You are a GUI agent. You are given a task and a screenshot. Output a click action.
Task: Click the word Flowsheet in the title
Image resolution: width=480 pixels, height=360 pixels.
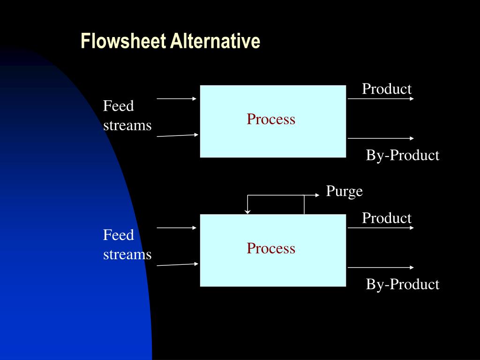tap(123, 41)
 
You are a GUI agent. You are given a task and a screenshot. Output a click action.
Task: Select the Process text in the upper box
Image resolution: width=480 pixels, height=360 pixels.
tap(271, 119)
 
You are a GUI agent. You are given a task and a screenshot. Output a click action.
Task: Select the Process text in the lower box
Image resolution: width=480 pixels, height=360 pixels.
tap(271, 248)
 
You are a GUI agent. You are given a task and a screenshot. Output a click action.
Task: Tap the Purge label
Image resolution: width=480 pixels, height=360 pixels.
tap(345, 191)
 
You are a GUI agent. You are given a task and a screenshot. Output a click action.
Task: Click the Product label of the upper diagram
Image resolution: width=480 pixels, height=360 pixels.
tap(386, 89)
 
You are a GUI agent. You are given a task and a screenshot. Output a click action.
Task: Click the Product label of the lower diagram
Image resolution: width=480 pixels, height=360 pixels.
tap(386, 218)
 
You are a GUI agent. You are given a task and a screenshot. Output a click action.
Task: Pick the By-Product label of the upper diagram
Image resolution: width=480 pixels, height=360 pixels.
tap(402, 155)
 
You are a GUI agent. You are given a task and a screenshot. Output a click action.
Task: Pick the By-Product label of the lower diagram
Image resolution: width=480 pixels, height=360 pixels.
tap(402, 284)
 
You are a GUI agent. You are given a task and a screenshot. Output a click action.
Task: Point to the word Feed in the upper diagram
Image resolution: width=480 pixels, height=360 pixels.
tap(118, 106)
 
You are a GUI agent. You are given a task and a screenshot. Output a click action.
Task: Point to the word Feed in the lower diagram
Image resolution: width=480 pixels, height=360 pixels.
tap(118, 235)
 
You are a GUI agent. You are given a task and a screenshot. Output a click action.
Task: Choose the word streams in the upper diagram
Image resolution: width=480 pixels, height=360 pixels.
tap(127, 126)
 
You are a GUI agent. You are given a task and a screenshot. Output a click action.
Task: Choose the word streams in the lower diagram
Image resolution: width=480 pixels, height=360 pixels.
tap(127, 255)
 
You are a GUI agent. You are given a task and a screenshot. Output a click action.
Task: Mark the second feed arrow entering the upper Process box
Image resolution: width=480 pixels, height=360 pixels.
tap(177, 135)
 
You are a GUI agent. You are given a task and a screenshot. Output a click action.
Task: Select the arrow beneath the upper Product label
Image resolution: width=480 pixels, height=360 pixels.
tap(381, 98)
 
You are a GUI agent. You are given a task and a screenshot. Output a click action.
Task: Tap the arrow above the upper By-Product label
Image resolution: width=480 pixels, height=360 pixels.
tap(381, 138)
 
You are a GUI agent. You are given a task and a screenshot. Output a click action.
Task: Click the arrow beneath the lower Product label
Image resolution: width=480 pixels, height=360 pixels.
tap(381, 228)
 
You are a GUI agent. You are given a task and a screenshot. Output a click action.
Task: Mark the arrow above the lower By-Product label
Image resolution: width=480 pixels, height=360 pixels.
tap(381, 267)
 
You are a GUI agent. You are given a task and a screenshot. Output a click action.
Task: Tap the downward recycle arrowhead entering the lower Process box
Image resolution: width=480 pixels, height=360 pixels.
tap(247, 211)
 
